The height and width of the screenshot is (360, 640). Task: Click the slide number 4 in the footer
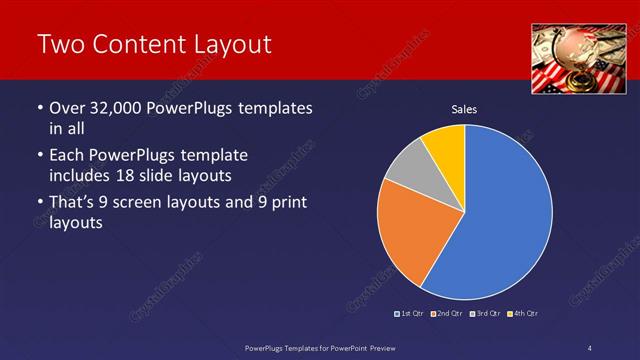click(x=589, y=347)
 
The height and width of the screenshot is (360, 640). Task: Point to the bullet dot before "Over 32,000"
click(x=39, y=108)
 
